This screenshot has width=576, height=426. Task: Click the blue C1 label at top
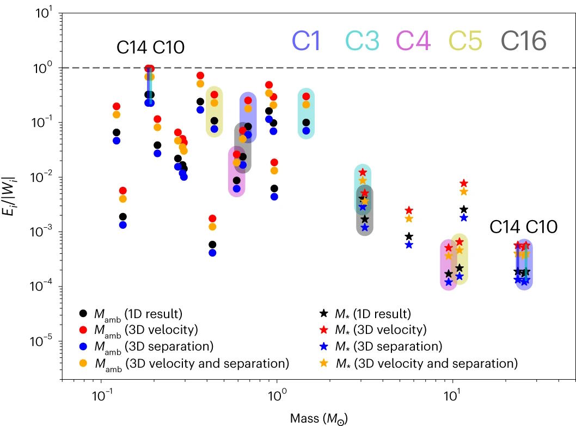click(307, 41)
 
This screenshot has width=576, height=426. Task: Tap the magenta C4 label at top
click(414, 41)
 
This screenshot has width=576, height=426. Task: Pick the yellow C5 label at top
click(464, 41)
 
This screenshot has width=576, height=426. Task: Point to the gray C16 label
click(523, 41)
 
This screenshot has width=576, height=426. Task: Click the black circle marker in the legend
click(83, 313)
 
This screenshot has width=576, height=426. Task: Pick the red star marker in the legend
click(323, 330)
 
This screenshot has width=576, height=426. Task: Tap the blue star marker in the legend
click(323, 346)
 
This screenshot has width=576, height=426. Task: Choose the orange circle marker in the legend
click(83, 363)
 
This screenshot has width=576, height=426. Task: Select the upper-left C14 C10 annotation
click(151, 48)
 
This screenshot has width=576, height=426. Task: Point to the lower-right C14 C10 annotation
click(523, 227)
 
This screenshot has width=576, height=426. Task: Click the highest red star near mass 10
click(463, 184)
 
